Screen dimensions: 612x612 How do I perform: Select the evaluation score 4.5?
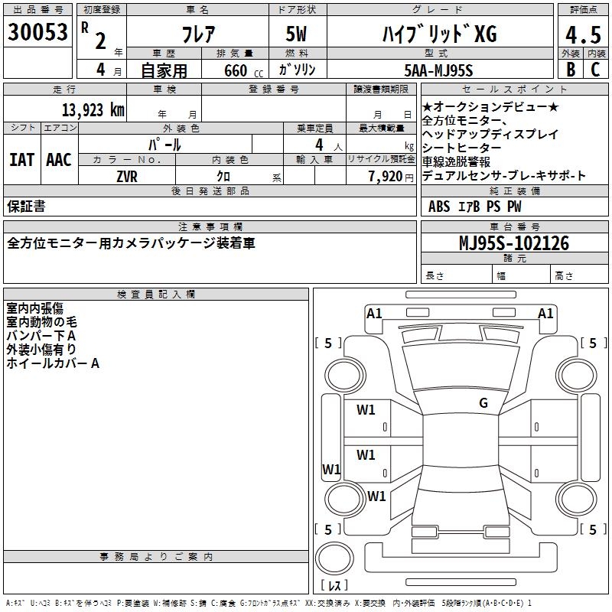581,35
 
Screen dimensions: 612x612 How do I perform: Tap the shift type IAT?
22,160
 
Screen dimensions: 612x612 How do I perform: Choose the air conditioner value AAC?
58,160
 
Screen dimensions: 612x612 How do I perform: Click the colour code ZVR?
126,175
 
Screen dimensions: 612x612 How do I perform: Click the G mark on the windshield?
483,403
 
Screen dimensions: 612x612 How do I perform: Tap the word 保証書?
25,206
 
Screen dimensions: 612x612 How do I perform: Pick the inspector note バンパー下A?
41,336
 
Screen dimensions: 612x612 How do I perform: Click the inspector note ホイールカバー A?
53,363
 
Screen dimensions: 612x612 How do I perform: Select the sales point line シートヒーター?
461,148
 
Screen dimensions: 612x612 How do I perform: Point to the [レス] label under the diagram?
334,585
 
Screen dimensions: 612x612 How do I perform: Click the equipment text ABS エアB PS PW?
475,206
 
